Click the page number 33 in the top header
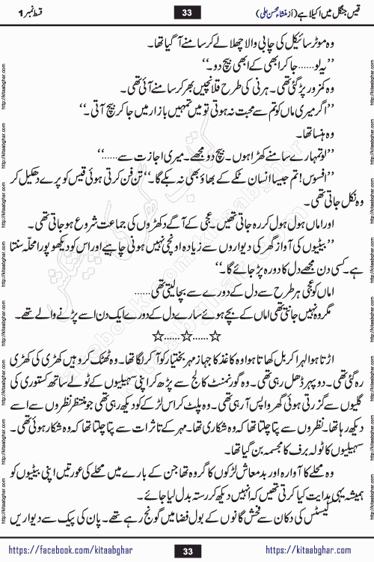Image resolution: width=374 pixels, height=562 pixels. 186,11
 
